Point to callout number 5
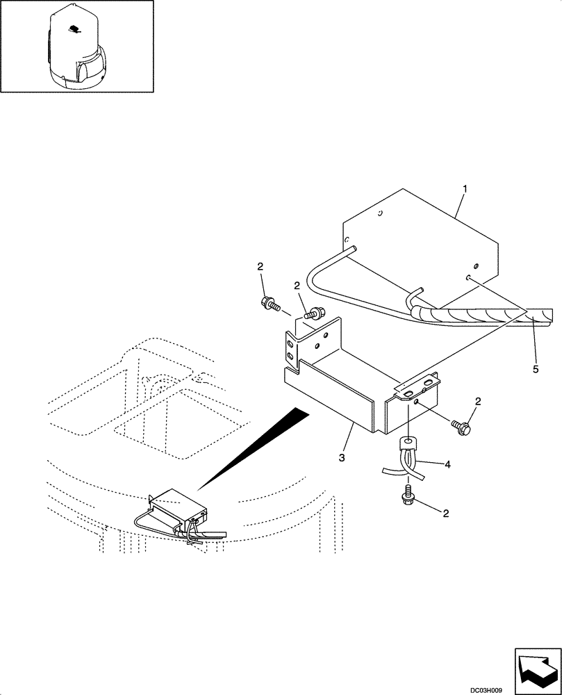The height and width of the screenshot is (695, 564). coord(535,368)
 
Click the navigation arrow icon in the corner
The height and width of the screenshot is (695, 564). coord(536,668)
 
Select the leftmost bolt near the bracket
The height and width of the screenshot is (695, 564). coord(269,303)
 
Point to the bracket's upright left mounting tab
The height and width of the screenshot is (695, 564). coord(292,347)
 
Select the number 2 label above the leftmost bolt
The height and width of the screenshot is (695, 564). coord(261,268)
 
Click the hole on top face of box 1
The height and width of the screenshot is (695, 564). coord(379,214)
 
